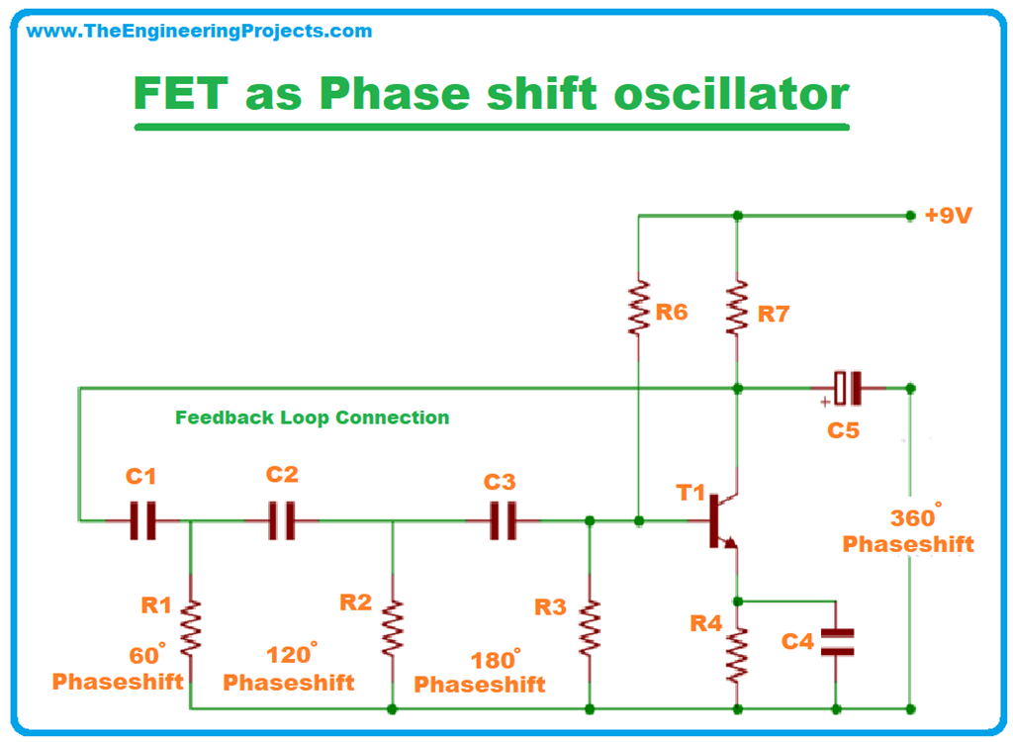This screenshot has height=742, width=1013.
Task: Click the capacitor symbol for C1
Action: (x=143, y=519)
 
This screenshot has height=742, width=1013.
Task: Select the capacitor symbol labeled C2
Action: (x=282, y=519)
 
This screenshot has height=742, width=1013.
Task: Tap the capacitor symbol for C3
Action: (x=504, y=519)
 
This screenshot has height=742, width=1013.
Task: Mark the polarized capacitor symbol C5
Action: (x=847, y=388)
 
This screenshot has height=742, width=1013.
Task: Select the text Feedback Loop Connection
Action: (x=312, y=417)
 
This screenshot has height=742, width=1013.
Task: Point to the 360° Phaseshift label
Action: (x=908, y=531)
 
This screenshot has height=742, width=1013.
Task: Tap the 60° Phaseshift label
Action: (x=118, y=669)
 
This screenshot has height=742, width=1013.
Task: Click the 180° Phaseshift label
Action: (x=480, y=672)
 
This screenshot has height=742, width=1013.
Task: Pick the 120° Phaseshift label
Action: (x=289, y=669)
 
